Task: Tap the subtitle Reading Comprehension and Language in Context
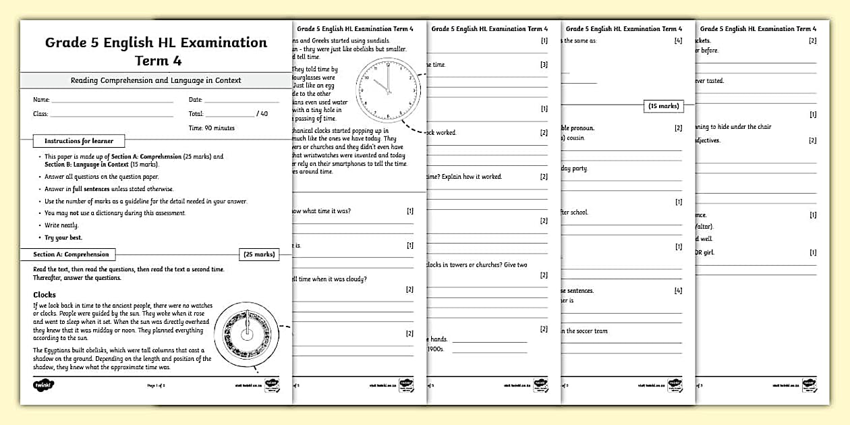(x=156, y=80)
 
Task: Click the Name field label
(x=41, y=100)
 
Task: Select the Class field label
(x=40, y=114)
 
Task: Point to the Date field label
(x=196, y=100)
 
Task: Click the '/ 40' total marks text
(x=262, y=114)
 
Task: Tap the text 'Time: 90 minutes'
(x=212, y=128)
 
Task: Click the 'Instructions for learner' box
(x=79, y=141)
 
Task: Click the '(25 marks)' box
(x=258, y=254)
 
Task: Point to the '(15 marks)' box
(x=663, y=106)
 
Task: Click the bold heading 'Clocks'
(x=45, y=295)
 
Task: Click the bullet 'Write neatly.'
(x=61, y=225)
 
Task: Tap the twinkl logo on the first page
(x=44, y=385)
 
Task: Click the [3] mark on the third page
(x=544, y=65)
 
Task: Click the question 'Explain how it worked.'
(x=480, y=177)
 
